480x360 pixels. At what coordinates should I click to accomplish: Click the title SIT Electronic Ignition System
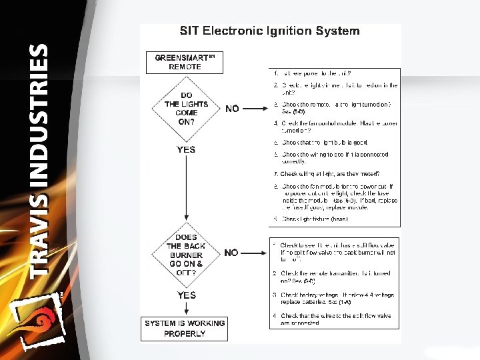270,31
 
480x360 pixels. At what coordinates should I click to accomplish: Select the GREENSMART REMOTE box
184,62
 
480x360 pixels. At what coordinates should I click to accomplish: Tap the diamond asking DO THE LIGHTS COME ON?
187,109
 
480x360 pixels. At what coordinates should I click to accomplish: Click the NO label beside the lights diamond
232,109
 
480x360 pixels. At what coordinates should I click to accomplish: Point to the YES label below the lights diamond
186,149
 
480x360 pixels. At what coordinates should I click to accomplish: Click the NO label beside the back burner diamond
231,253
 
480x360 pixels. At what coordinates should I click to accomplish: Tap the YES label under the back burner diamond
187,295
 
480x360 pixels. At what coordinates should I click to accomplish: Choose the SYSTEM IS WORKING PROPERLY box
185,328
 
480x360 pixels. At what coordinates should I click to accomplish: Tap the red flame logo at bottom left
41,320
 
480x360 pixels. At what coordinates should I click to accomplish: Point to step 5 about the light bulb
324,142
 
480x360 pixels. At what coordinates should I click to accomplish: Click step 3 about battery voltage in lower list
336,298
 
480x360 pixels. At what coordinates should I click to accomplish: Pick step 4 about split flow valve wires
336,319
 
